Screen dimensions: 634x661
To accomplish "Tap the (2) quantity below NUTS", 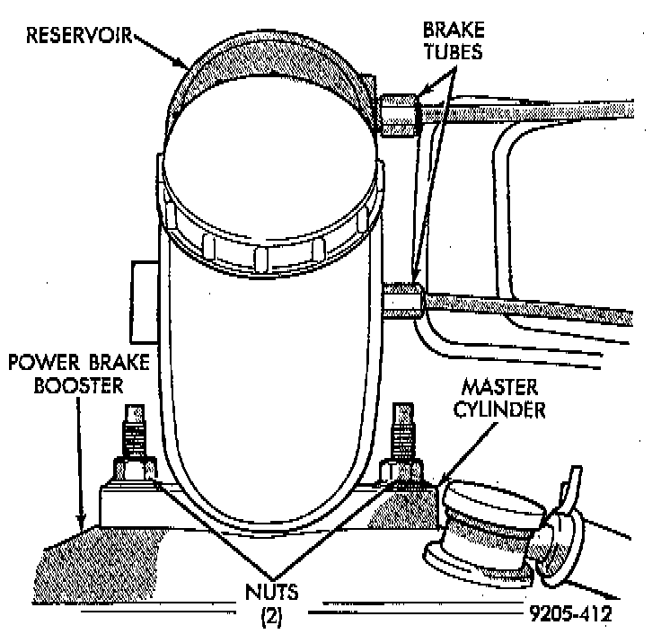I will (x=271, y=616).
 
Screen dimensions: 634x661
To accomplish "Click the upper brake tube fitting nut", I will (x=399, y=115).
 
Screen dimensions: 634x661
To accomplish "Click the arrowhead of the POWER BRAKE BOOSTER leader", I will (x=83, y=525).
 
